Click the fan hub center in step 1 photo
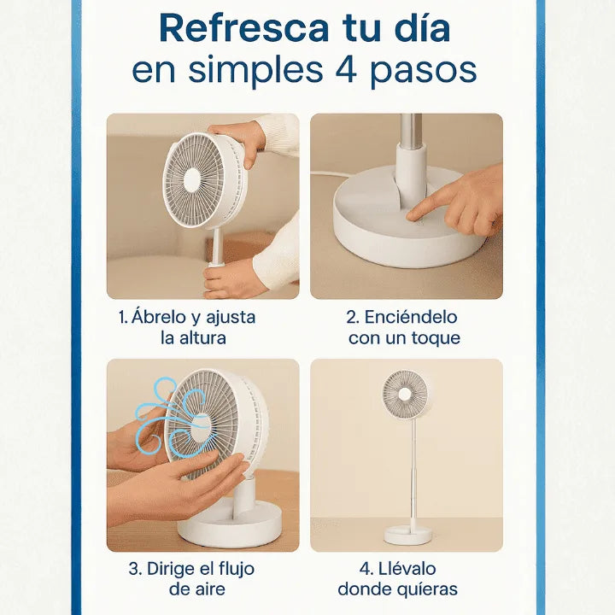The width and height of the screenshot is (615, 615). tap(192, 179)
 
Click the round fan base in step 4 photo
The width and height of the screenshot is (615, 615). tap(407, 535)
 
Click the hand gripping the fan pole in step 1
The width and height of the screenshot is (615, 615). tap(233, 278)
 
